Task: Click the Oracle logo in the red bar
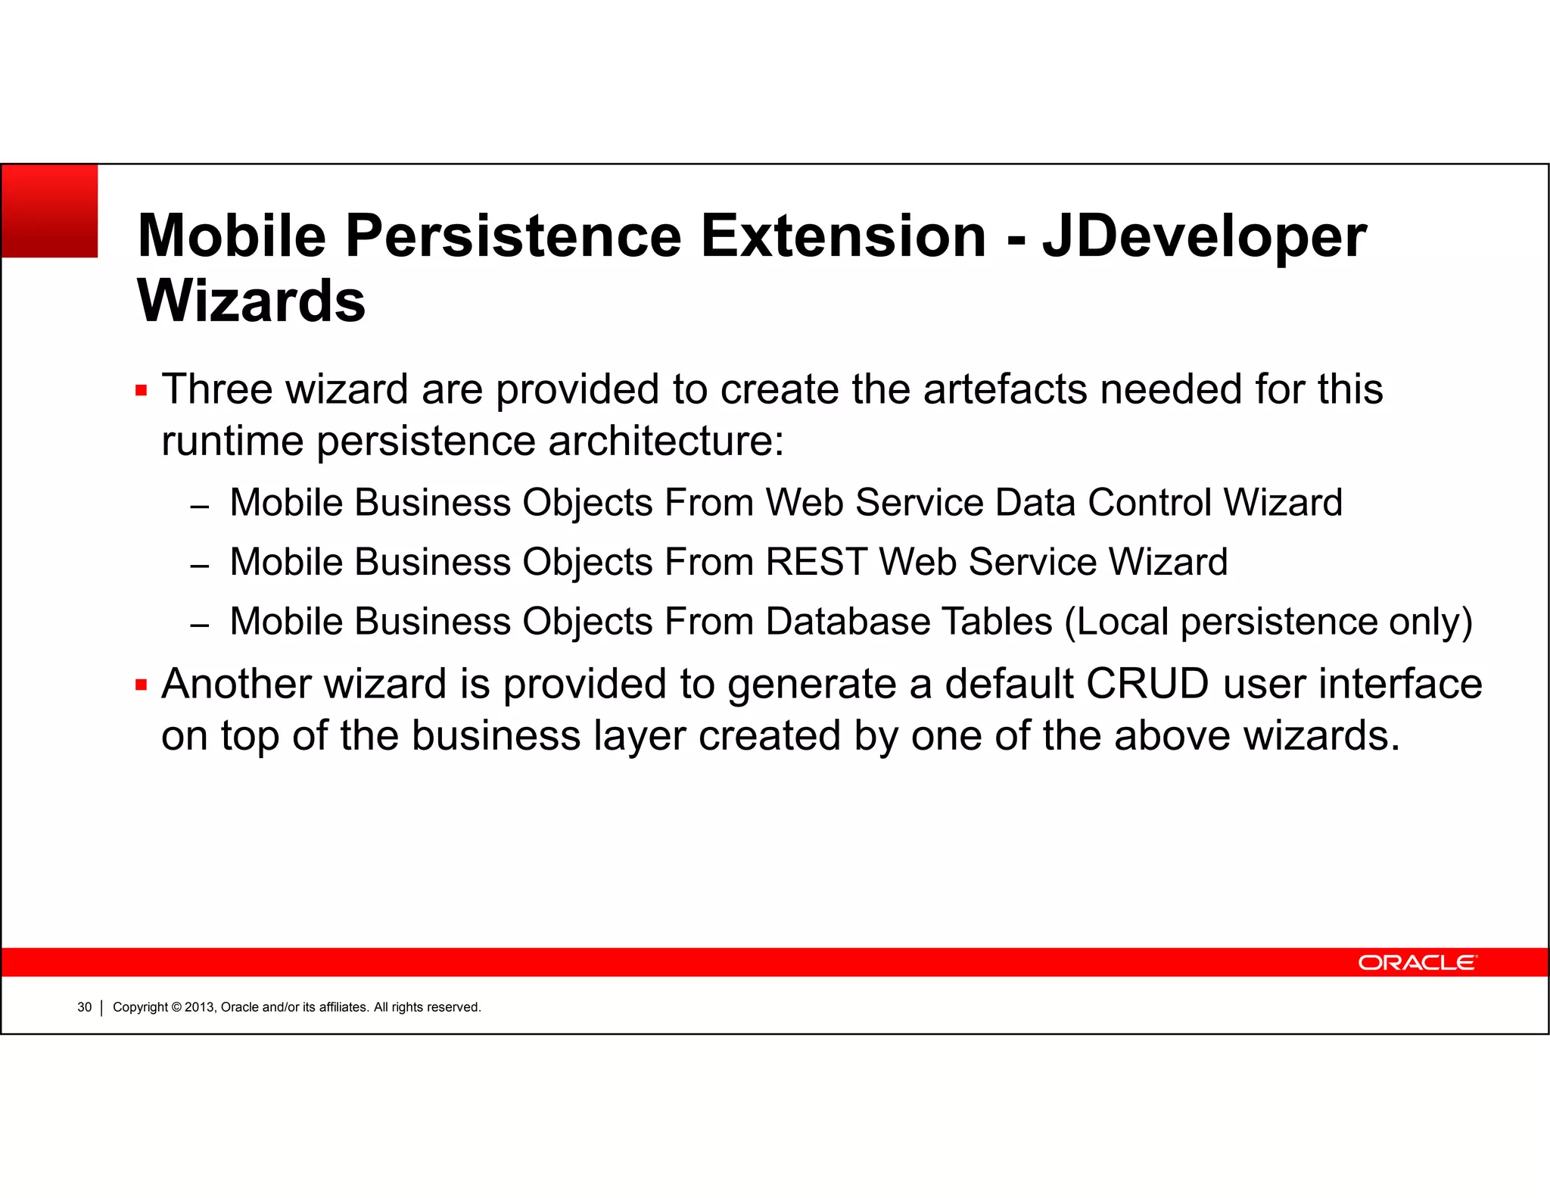(x=1416, y=962)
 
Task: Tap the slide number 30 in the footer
(x=84, y=1007)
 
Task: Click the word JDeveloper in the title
(x=1204, y=236)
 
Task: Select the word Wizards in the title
(x=251, y=301)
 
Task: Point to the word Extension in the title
(x=844, y=236)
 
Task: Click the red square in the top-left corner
(x=50, y=211)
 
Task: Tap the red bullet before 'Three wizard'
(x=141, y=391)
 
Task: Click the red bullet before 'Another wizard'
(x=141, y=685)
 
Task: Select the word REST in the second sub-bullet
(x=816, y=563)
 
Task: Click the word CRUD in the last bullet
(x=1147, y=684)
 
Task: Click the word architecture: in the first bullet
(x=666, y=441)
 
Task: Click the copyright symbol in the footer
(x=176, y=1007)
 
